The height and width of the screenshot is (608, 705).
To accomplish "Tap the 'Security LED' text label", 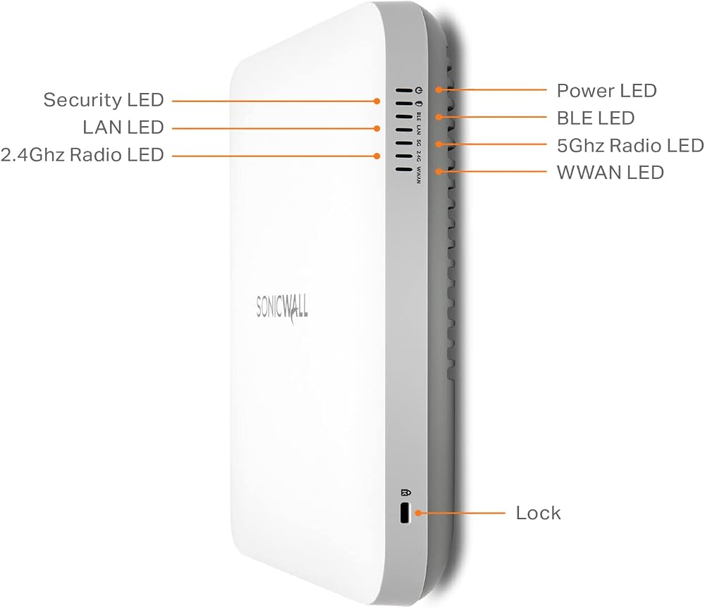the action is (104, 100).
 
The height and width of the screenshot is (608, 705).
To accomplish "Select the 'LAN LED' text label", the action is (123, 128).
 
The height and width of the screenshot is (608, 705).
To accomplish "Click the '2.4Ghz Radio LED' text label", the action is (82, 155).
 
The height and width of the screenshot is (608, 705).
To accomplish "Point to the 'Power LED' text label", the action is (606, 91).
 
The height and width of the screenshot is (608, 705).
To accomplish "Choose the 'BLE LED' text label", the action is (596, 118).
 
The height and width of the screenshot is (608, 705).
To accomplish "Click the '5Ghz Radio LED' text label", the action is (630, 146).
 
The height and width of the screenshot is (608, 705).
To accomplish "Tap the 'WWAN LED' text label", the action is (610, 173).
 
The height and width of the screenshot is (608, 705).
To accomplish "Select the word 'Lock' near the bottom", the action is (538, 513).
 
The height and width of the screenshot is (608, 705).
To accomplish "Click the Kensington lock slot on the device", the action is (405, 513).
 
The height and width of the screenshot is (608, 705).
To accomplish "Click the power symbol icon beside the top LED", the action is (419, 90).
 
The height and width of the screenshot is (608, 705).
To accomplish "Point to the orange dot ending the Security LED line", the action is (376, 101).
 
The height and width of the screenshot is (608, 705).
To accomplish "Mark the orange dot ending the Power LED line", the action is (439, 90).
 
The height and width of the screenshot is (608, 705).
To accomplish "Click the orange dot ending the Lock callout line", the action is (417, 513).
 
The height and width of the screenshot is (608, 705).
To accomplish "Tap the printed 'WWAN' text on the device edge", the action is (419, 175).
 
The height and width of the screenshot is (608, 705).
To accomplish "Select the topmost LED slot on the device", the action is (404, 90).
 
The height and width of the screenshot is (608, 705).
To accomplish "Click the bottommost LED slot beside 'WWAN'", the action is (404, 170).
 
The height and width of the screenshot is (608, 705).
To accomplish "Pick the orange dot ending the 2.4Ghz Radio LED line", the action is (376, 156).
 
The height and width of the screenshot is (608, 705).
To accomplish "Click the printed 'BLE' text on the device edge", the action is (419, 117).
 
